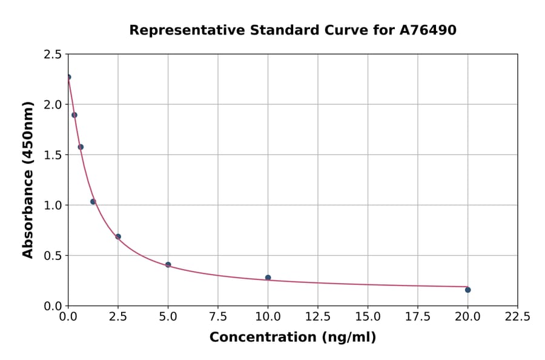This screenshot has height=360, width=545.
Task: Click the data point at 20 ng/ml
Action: [x=467, y=290]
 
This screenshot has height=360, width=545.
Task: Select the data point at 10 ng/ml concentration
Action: [x=268, y=278]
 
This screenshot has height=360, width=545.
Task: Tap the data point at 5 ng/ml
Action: [x=168, y=265]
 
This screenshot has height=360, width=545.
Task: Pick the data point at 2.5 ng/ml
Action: [x=118, y=236]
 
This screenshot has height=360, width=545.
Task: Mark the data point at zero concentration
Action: [x=68, y=77]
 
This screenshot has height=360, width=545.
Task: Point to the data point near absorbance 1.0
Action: [x=93, y=202]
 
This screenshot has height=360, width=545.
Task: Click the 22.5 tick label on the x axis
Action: [x=517, y=316]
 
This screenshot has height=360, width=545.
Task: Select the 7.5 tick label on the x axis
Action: [x=218, y=316]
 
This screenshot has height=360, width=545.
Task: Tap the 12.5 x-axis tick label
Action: [x=318, y=316]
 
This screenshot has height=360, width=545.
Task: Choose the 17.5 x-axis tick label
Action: [x=417, y=316]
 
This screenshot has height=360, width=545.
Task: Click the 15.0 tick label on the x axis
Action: [x=368, y=316]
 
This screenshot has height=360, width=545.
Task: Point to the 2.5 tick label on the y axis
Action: [x=53, y=55]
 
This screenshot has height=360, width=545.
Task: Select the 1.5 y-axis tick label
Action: [x=53, y=155]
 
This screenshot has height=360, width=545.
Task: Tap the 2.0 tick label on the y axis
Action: [x=53, y=105]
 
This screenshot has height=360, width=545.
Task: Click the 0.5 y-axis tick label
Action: [x=53, y=256]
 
